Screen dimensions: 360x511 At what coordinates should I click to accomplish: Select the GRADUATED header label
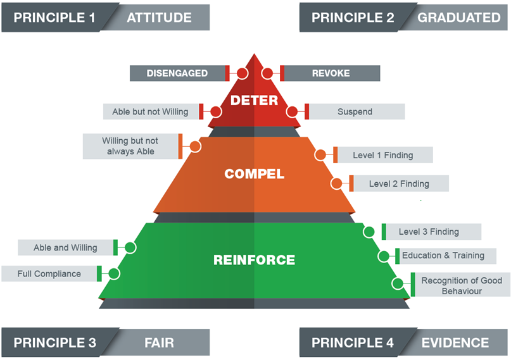(x=458, y=18)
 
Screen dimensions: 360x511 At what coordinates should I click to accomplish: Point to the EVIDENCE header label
(x=455, y=343)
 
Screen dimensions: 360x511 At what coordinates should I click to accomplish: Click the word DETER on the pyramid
(x=254, y=100)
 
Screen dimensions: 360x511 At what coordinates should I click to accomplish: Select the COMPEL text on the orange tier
(x=254, y=173)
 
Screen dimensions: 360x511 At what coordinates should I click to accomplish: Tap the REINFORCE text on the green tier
(x=254, y=259)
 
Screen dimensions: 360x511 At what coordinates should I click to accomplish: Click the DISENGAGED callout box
(x=177, y=73)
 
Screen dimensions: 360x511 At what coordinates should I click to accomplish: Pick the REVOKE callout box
(x=331, y=73)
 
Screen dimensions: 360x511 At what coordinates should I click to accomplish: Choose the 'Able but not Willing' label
(x=151, y=111)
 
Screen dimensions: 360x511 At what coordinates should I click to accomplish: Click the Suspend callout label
(x=355, y=111)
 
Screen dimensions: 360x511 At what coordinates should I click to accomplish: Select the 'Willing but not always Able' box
(x=130, y=146)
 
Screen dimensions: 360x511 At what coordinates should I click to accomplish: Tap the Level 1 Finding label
(x=383, y=155)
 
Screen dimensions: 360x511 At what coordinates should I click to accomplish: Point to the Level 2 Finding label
(x=399, y=183)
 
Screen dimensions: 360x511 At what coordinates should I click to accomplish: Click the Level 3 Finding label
(x=429, y=232)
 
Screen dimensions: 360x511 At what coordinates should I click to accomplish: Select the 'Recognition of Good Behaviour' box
(x=461, y=285)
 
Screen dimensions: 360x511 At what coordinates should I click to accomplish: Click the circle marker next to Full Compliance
(x=114, y=273)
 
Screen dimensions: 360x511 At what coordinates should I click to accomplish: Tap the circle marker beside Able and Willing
(x=130, y=247)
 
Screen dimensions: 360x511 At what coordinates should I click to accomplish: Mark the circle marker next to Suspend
(x=292, y=111)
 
